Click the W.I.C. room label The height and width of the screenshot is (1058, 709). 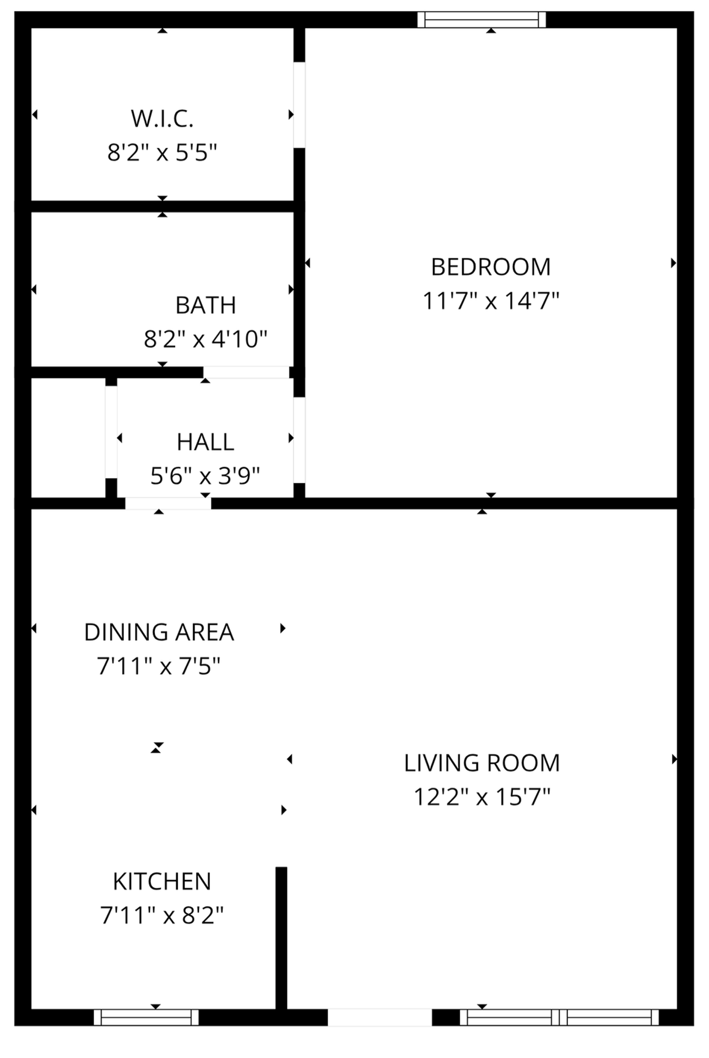click(x=162, y=119)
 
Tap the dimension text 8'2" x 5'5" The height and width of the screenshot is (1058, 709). click(x=162, y=153)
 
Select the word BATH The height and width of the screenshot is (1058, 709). click(x=205, y=305)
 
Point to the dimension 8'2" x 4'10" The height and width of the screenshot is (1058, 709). click(x=205, y=339)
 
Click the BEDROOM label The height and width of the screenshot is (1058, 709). click(x=491, y=267)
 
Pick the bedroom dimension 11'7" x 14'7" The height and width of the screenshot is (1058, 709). click(x=491, y=301)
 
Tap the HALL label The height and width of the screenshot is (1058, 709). click(x=205, y=442)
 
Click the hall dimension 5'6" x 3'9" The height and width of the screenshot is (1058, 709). click(x=205, y=475)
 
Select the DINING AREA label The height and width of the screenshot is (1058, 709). click(x=159, y=633)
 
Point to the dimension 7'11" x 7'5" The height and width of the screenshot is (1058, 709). click(x=159, y=666)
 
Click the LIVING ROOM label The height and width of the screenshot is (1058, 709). click(x=482, y=763)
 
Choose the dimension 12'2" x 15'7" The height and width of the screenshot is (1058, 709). click(x=482, y=797)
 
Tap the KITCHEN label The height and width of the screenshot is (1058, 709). click(x=162, y=882)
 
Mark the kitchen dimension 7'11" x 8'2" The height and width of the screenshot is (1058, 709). click(x=162, y=915)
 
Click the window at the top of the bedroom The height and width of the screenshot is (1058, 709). click(x=481, y=20)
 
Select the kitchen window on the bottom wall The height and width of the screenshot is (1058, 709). click(x=146, y=1017)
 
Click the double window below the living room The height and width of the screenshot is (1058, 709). click(x=559, y=1017)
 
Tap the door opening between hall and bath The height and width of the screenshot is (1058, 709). click(x=246, y=373)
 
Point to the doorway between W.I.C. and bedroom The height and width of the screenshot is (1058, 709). click(x=299, y=105)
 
